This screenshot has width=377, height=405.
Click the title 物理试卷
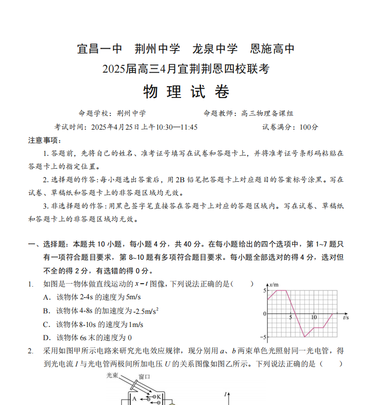coord(186,92)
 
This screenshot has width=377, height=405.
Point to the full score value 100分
coord(309,127)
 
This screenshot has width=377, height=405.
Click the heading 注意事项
coord(44,140)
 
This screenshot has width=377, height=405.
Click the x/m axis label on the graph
coord(273,284)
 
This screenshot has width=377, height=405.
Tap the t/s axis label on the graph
coord(346,318)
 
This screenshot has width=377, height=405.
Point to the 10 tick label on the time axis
coord(314,317)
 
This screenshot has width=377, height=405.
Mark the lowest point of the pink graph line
coord(305,337)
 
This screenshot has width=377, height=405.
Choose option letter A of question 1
coord(46,297)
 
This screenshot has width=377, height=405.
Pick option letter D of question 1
coord(46,338)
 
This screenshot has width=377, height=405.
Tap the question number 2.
coord(30,351)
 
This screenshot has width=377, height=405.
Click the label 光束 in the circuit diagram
coord(113,376)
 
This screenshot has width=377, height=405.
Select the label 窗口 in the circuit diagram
coord(144,377)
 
